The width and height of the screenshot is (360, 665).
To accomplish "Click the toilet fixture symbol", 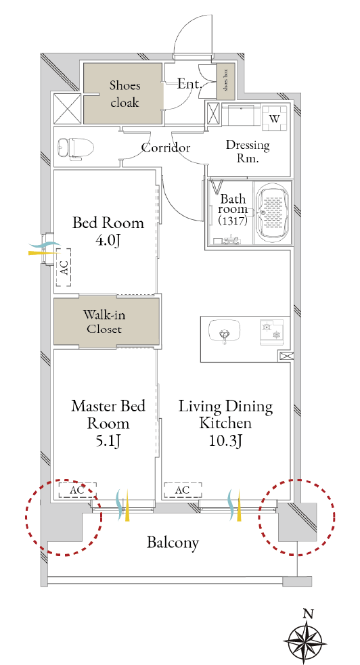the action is click(x=76, y=148).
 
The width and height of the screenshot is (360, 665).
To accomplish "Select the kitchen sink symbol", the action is click(x=225, y=331).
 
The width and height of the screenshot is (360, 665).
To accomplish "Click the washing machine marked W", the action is click(x=274, y=119).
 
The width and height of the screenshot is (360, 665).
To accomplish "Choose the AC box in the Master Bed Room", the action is click(x=77, y=490).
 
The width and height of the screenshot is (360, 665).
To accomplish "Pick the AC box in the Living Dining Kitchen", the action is click(x=182, y=490).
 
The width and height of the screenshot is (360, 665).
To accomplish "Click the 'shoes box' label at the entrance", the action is click(x=225, y=82).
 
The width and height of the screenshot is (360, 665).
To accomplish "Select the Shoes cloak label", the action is click(x=125, y=94).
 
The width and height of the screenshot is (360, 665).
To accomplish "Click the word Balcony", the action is click(x=173, y=543).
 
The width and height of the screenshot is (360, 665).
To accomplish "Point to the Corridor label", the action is click(x=165, y=148).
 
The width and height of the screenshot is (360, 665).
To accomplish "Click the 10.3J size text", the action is click(x=225, y=442).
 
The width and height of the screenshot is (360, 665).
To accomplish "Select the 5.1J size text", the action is click(x=108, y=442).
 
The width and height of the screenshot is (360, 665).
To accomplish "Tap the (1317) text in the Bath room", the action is click(x=232, y=221).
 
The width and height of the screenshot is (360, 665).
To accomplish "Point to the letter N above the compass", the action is click(x=309, y=613).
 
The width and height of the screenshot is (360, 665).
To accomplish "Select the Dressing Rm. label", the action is click(x=248, y=152).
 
